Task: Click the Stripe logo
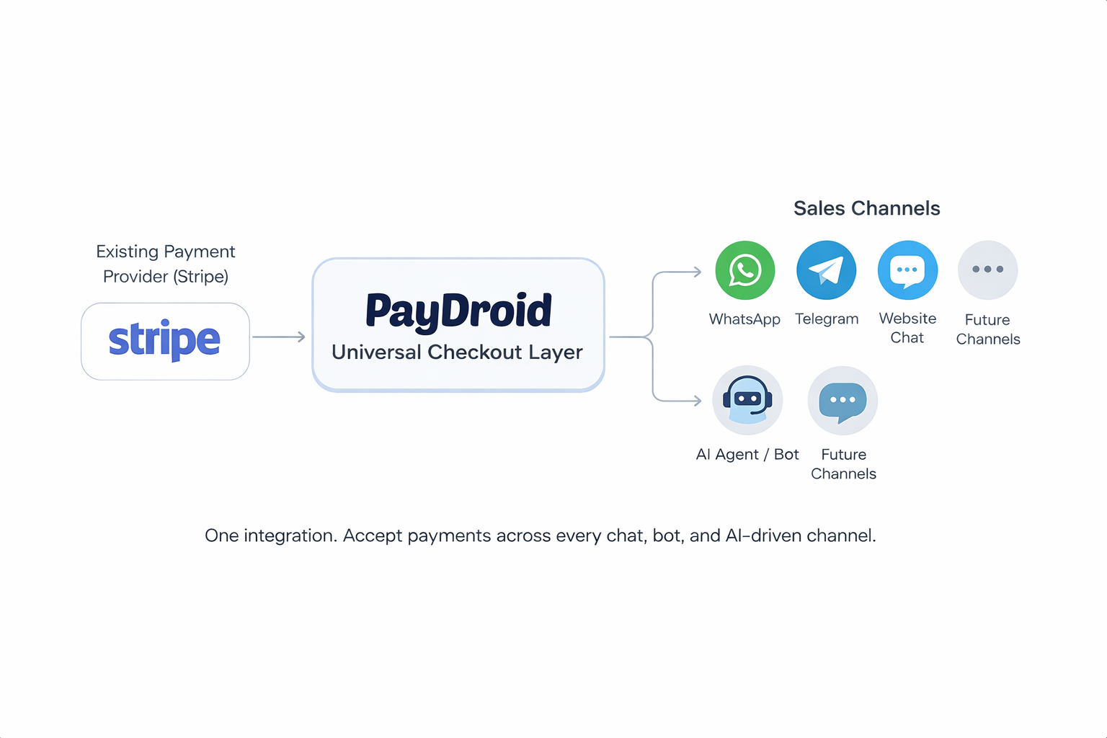click(x=164, y=339)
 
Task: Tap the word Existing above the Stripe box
click(x=127, y=252)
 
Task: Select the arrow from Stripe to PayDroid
click(x=279, y=337)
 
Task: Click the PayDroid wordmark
click(x=458, y=311)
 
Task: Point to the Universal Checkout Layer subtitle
click(x=457, y=352)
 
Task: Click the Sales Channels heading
click(x=866, y=208)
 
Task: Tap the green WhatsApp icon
click(x=744, y=270)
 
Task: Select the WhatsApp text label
click(x=744, y=319)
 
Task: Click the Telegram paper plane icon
click(x=826, y=270)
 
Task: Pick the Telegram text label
click(x=827, y=319)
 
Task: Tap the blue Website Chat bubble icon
click(x=907, y=270)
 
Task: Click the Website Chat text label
click(x=907, y=328)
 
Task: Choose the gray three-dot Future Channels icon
click(x=987, y=270)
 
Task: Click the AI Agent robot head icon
click(x=747, y=400)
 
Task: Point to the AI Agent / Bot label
click(x=747, y=455)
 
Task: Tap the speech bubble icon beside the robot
click(x=843, y=401)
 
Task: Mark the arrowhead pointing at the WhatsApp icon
click(x=697, y=272)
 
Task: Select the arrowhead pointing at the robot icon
click(x=697, y=401)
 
